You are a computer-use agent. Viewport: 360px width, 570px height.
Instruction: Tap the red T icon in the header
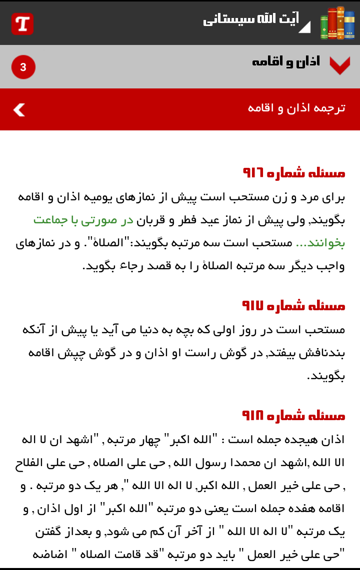pos(22,23)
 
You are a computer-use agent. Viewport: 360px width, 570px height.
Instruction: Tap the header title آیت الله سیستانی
pos(250,20)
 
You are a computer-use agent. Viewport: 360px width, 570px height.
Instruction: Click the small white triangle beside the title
pos(304,27)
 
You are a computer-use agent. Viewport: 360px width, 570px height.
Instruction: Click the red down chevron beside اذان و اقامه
pos(339,65)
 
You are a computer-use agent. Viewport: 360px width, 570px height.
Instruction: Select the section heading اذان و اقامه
pos(285,62)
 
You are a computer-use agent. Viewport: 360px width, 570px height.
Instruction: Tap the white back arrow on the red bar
pos(19,109)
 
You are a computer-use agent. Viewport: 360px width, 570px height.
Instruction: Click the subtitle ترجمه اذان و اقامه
pos(296,108)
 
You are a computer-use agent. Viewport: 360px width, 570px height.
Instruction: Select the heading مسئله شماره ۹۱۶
pos(293,173)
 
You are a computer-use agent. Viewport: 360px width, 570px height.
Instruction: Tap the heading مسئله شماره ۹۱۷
pos(293,305)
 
